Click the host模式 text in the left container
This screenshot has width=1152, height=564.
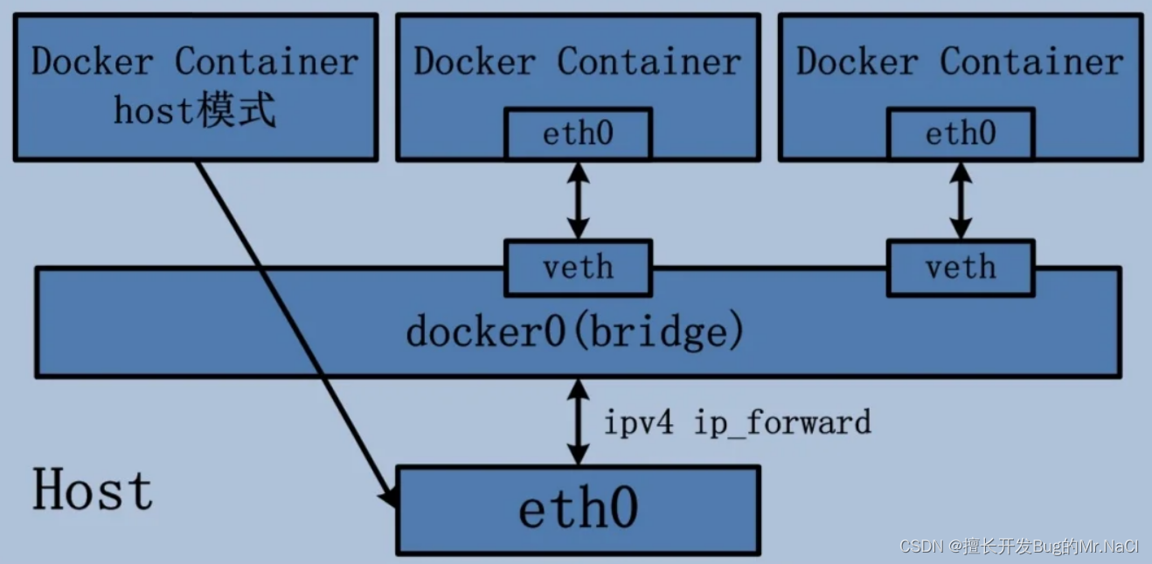coord(195,111)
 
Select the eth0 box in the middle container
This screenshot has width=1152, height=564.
coord(578,134)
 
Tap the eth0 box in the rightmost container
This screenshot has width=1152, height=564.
coord(960,134)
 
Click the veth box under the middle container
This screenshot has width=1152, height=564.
coord(578,267)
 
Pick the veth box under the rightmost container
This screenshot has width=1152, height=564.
coord(960,267)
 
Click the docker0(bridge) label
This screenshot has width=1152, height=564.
coord(575,332)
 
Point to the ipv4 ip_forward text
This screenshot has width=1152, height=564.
coord(737,422)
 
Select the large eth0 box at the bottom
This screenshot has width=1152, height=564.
coord(578,509)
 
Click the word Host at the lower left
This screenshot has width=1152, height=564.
coord(93,490)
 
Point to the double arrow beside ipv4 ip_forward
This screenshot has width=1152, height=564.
coord(577,422)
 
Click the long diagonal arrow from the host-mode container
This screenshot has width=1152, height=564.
coord(288,324)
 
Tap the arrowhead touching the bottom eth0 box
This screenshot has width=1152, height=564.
coord(390,496)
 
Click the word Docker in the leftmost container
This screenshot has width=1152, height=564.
coord(93,62)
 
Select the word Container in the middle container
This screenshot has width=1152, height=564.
coord(649,62)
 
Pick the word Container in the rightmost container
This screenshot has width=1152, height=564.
coord(1031,62)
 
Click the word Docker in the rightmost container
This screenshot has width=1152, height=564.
coord(857,62)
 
